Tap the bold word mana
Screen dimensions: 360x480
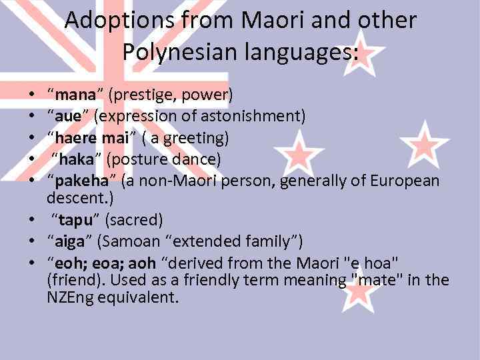pyautogui.click(x=77, y=95)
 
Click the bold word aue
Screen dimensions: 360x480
pyautogui.click(x=68, y=117)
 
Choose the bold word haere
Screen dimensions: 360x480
pyautogui.click(x=77, y=138)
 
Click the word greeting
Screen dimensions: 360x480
pyautogui.click(x=197, y=138)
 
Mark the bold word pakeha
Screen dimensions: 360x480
pyautogui.click(x=82, y=181)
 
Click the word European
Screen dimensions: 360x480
pyautogui.click(x=404, y=181)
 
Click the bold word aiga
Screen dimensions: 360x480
pyautogui.click(x=71, y=241)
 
